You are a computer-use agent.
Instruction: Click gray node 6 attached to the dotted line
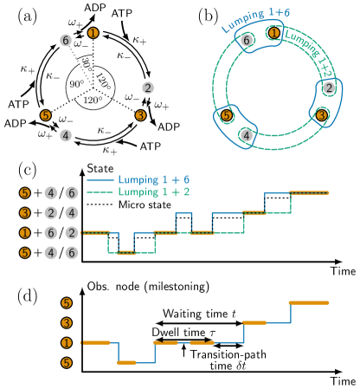pyautogui.click(x=66, y=40)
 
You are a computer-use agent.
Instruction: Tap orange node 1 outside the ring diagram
pyautogui.click(x=93, y=33)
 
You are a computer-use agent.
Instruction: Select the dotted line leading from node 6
pyautogui.click(x=81, y=68)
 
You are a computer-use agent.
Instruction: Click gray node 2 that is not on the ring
pyautogui.click(x=148, y=88)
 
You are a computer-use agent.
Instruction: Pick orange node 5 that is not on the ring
pyautogui.click(x=46, y=115)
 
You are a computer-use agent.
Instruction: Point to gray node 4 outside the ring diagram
pyautogui.click(x=66, y=135)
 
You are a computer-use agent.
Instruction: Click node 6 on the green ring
pyautogui.click(x=247, y=41)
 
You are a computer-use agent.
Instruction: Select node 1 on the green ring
pyautogui.click(x=273, y=33)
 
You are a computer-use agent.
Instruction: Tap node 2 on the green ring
pyautogui.click(x=329, y=88)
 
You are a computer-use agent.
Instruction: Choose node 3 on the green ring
pyautogui.click(x=321, y=115)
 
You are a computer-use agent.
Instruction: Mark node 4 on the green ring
pyautogui.click(x=247, y=135)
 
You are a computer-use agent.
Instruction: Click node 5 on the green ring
pyautogui.click(x=227, y=115)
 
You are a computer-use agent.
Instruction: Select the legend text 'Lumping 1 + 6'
pyautogui.click(x=153, y=180)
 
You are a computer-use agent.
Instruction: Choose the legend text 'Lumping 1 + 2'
pyautogui.click(x=153, y=191)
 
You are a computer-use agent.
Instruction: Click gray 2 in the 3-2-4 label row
pyautogui.click(x=51, y=212)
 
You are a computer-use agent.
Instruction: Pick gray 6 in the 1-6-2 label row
pyautogui.click(x=51, y=232)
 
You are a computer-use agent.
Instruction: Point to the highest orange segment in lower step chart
pyautogui.click(x=308, y=302)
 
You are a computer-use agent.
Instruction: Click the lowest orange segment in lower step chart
pyautogui.click(x=126, y=362)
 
